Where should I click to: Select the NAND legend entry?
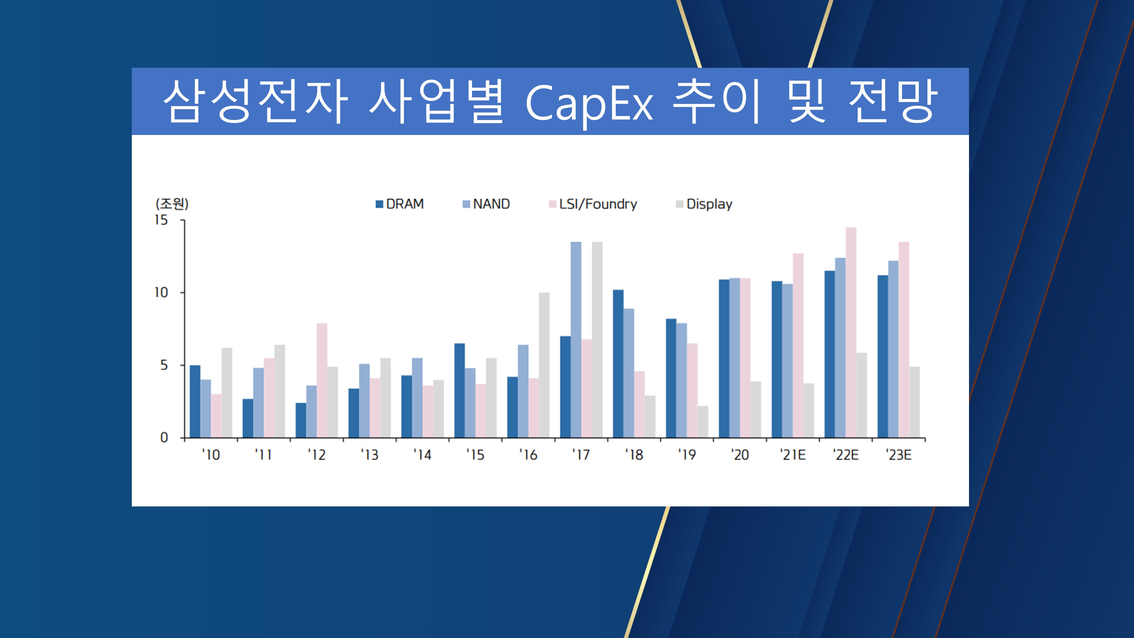[486, 204]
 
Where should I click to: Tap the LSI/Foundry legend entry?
[593, 204]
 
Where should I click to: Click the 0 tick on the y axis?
[164, 438]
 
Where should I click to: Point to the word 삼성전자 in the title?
[255, 101]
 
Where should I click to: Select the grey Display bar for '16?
[544, 365]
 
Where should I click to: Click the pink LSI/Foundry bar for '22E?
[851, 332]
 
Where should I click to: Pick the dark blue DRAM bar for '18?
[618, 364]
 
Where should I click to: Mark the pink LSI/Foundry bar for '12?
[322, 381]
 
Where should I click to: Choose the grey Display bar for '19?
[703, 422]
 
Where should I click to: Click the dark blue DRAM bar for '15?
[460, 390]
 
